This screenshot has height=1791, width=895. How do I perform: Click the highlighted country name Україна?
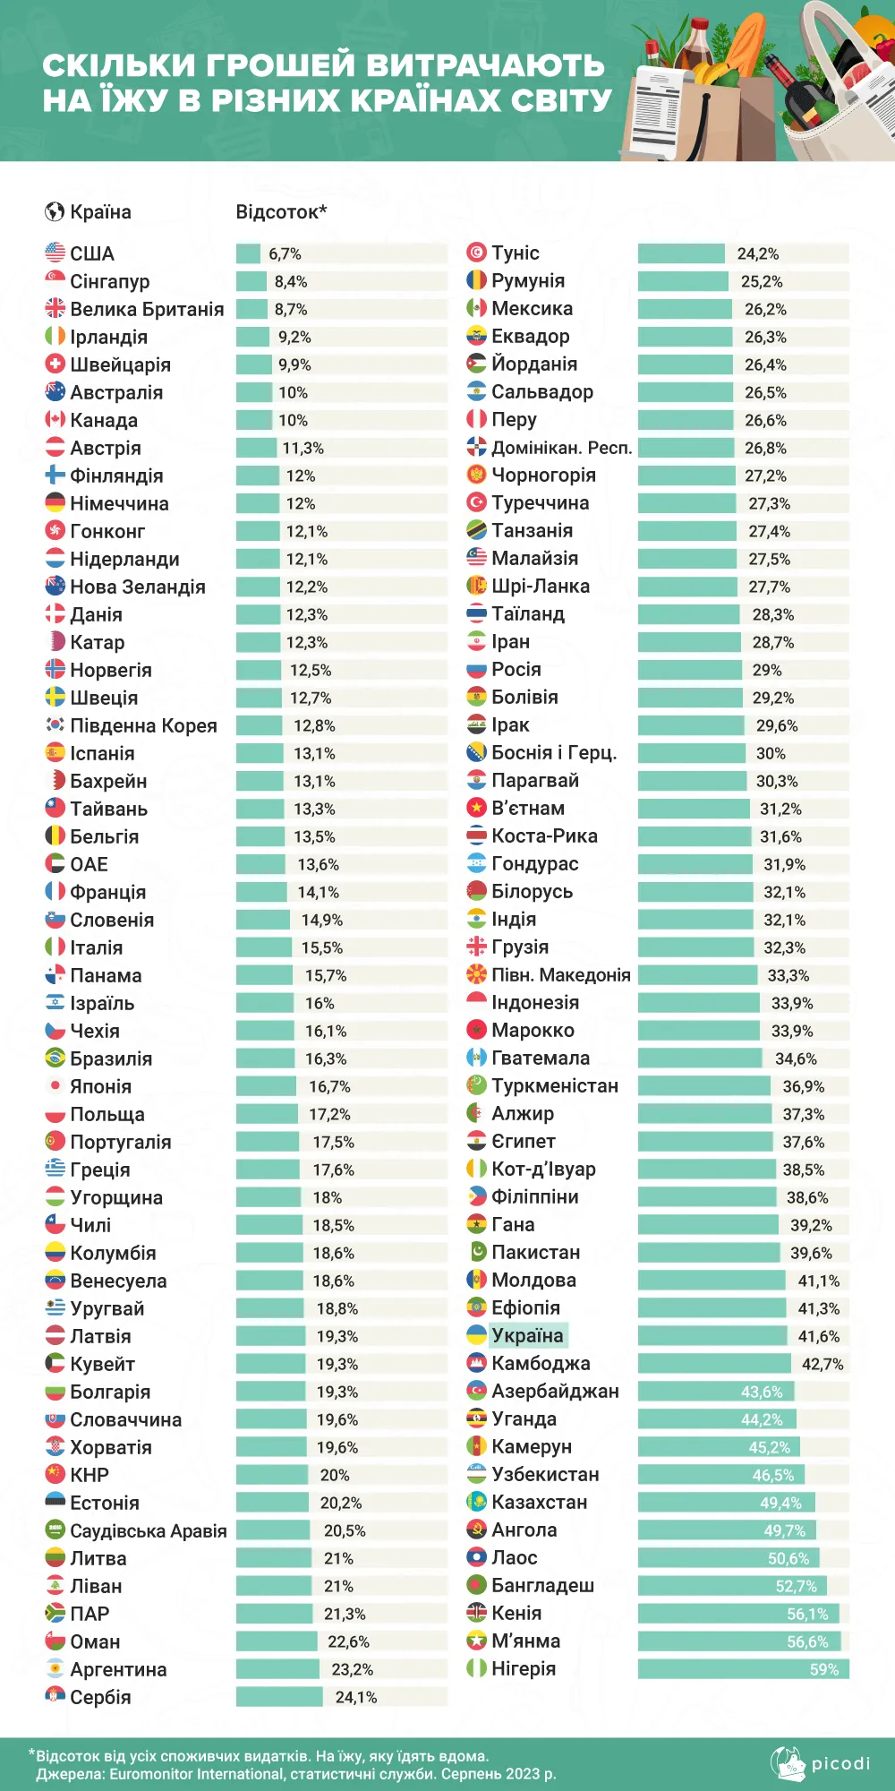527,1335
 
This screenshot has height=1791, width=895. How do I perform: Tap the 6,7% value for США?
285,253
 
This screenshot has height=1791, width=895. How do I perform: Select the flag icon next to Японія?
55,1086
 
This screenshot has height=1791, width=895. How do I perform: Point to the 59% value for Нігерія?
824,1669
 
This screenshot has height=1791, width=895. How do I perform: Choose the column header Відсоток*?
281,212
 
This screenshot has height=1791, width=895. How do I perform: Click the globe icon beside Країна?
55,212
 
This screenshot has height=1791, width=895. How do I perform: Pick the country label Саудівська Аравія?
149,1530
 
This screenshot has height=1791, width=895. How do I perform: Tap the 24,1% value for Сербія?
356,1697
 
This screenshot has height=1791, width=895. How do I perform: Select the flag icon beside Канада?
55,420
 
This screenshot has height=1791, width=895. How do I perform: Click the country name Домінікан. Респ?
561,448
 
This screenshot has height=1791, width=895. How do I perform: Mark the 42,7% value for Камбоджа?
823,1364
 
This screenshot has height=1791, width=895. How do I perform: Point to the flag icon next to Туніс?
476,253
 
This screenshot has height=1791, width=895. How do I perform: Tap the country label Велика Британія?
147,309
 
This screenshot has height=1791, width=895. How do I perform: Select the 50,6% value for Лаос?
788,1558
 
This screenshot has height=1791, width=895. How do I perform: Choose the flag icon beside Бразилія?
55,1058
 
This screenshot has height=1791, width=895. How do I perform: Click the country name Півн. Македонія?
561,975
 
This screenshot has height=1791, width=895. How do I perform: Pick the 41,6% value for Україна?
819,1336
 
